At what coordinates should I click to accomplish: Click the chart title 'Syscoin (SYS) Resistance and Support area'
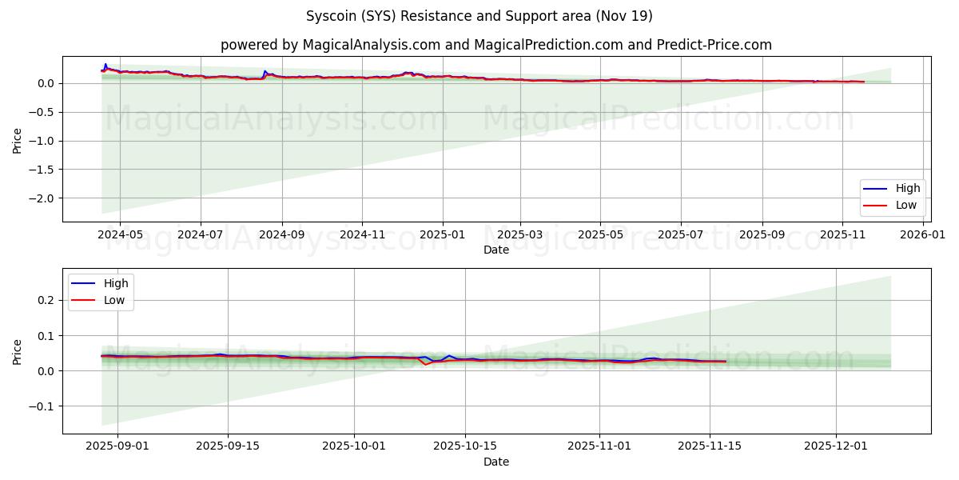click(479, 16)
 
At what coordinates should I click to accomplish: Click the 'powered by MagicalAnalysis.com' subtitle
click(496, 45)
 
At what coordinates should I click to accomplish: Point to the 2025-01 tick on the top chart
click(442, 235)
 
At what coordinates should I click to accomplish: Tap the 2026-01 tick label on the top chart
click(923, 235)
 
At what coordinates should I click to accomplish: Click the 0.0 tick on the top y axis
click(46, 83)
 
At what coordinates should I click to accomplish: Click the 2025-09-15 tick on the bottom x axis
click(228, 447)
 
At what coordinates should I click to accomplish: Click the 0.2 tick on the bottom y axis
click(46, 300)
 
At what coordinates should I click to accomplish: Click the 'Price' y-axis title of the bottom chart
click(18, 351)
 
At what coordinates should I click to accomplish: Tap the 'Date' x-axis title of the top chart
click(496, 250)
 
